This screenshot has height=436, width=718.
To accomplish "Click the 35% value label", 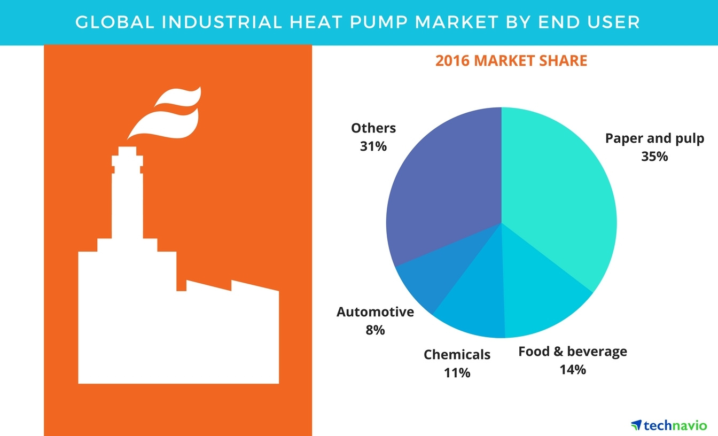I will click(x=655, y=157).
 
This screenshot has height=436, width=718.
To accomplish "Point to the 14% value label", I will click(x=572, y=369).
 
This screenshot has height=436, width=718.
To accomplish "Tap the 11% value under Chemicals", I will click(x=457, y=373).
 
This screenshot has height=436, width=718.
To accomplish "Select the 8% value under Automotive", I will click(x=375, y=330).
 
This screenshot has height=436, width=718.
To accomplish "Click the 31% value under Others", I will click(x=373, y=146).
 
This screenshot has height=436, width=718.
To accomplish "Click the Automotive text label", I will click(x=375, y=312).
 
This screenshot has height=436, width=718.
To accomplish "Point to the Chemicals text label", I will click(x=457, y=354).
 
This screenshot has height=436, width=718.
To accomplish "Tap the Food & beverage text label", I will click(x=572, y=351).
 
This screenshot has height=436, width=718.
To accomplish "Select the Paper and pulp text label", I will click(x=654, y=139).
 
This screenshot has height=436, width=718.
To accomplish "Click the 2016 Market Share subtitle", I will click(x=511, y=60).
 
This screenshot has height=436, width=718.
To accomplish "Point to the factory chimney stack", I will click(x=127, y=198).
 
